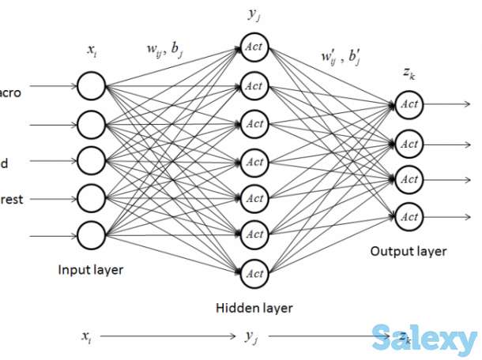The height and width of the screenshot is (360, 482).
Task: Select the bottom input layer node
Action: (x=91, y=234)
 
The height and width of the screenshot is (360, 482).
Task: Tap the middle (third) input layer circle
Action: (x=91, y=159)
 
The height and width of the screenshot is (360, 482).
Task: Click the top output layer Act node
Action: (x=409, y=103)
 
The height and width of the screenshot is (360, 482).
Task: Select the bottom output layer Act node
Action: (x=409, y=215)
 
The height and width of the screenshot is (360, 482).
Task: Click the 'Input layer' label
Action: (x=90, y=270)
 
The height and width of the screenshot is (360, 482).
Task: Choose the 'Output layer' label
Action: (x=408, y=251)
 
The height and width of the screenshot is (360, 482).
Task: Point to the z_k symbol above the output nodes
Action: (x=409, y=73)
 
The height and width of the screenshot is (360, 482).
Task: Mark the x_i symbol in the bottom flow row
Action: (x=86, y=336)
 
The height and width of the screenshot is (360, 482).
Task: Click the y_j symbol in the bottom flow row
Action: (x=251, y=337)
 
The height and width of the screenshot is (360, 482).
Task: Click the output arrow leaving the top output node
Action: (x=447, y=103)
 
